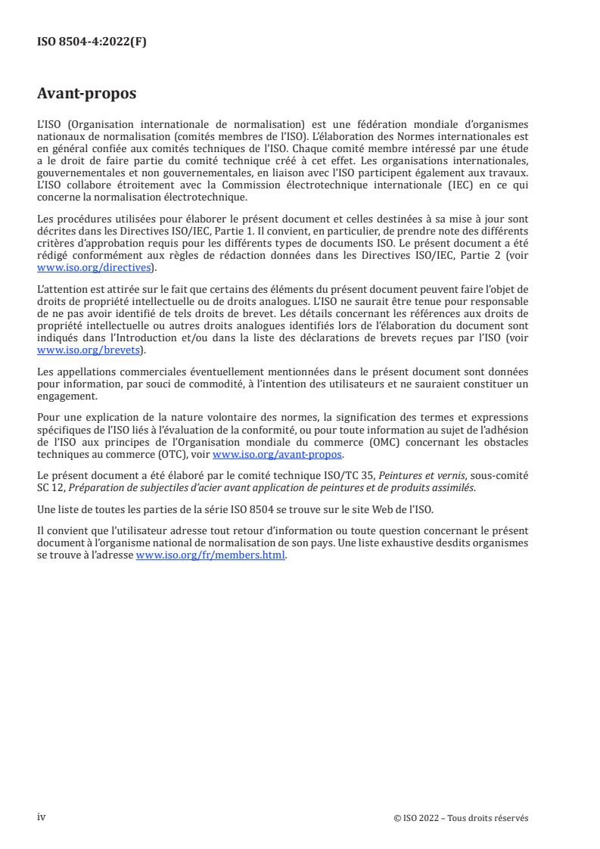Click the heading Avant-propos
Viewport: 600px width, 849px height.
[87, 95]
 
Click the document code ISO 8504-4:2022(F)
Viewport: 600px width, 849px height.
[92, 42]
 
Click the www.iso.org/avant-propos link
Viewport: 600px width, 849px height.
[278, 455]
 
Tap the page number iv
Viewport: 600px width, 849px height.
[42, 817]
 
